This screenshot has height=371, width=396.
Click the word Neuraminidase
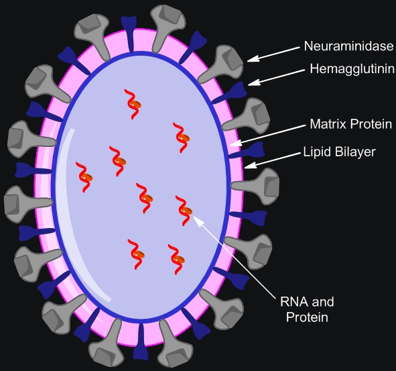point(348,46)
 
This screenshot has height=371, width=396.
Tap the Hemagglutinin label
point(352,69)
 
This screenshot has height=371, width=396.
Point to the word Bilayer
point(355,152)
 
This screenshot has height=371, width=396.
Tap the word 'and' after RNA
point(323,302)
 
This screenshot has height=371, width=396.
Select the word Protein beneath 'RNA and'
point(307,317)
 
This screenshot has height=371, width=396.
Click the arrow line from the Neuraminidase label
point(273,54)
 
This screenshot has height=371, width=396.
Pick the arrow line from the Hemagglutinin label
point(277,77)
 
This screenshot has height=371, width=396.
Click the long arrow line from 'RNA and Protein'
point(235,256)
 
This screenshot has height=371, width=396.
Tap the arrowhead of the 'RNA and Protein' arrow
point(199,221)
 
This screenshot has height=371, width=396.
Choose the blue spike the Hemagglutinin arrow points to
point(229,93)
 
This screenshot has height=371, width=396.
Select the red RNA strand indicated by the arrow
point(184,211)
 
